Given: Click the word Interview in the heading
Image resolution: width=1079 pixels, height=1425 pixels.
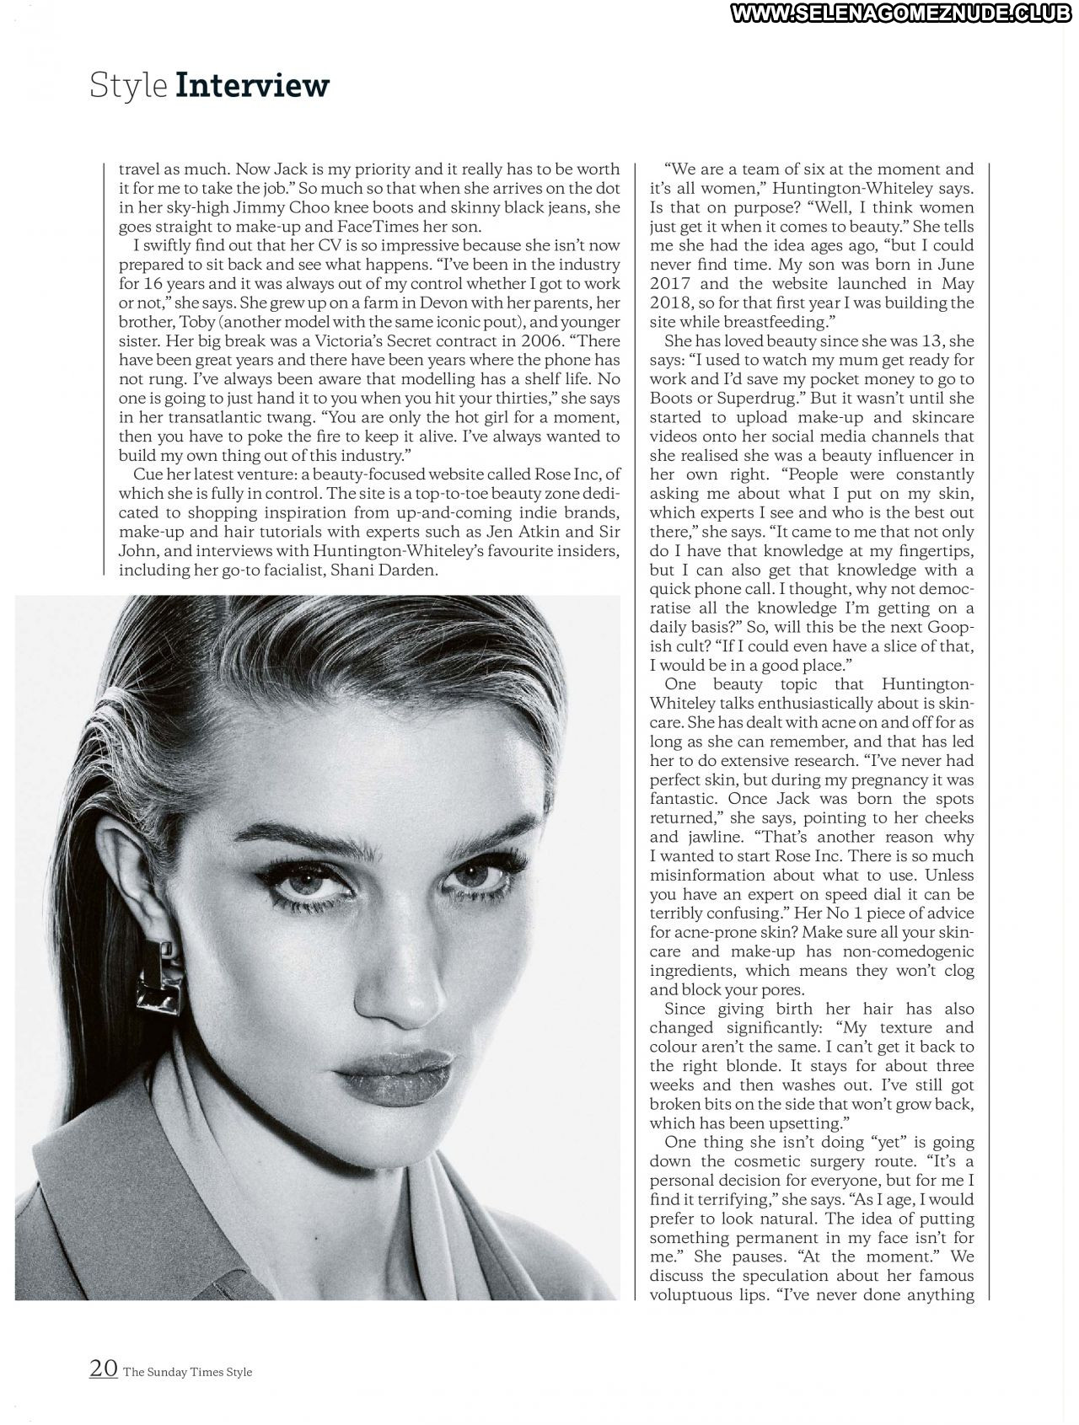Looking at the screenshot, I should click(x=252, y=85).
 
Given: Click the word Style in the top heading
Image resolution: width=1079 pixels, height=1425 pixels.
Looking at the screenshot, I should click(x=128, y=87).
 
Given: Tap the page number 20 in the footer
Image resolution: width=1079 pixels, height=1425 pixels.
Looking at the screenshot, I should click(x=103, y=1369).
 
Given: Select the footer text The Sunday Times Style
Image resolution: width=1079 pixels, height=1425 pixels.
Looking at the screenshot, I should click(x=187, y=1371).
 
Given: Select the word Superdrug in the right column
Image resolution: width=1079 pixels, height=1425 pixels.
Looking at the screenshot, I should click(x=751, y=398).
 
